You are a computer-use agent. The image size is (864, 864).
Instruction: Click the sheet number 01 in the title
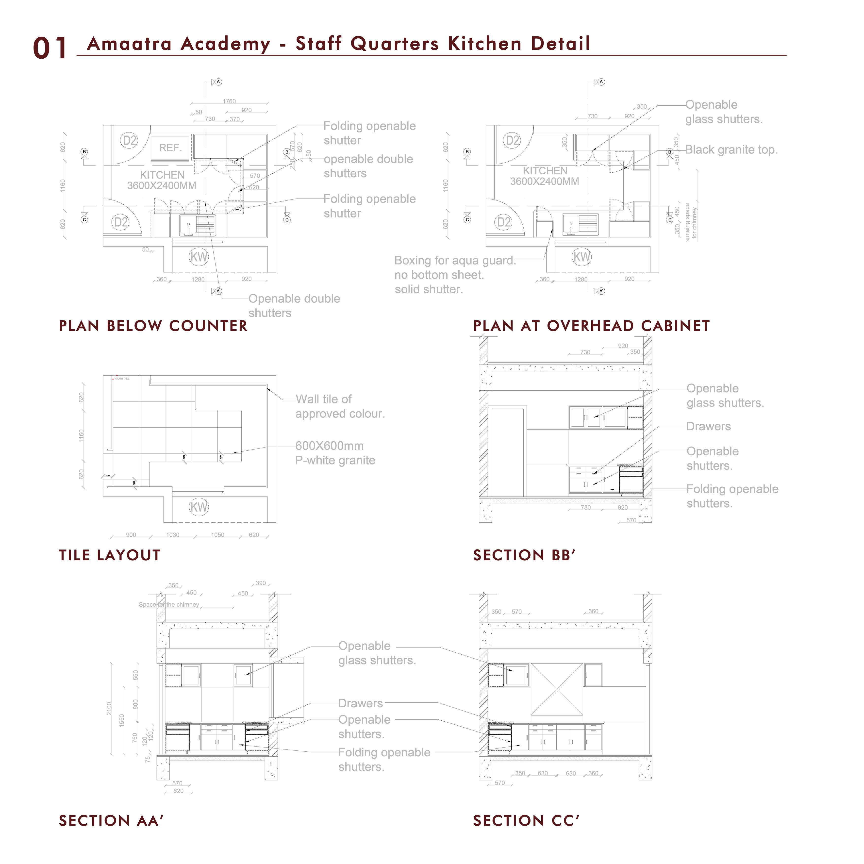pos(50,48)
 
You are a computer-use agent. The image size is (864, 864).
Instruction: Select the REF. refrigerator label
pos(170,148)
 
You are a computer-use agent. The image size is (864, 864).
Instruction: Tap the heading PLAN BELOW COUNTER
pos(153,326)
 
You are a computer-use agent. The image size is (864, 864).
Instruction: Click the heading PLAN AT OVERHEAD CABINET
pos(591,326)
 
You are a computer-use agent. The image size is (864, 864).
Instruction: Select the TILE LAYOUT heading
pos(110,555)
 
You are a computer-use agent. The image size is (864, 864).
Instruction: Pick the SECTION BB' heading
pos(524,555)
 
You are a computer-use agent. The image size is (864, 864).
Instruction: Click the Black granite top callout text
pos(731,150)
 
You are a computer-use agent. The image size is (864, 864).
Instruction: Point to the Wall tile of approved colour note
pos(340,406)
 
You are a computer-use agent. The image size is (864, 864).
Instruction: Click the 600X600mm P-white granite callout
pos(335,453)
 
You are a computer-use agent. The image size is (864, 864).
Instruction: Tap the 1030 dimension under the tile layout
pos(173,535)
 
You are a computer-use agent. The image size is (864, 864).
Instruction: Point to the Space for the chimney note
pos(169,605)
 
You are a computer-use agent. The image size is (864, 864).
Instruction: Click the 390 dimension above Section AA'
pos(261,583)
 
